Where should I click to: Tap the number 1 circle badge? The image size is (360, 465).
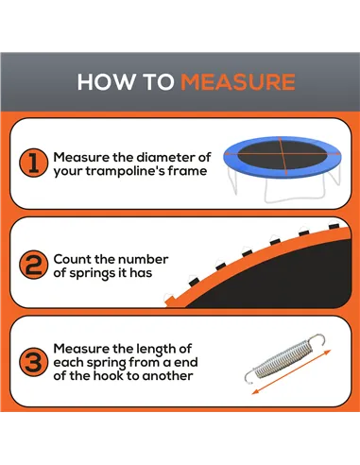coord(32,164)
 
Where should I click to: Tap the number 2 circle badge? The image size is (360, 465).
coord(32,266)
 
